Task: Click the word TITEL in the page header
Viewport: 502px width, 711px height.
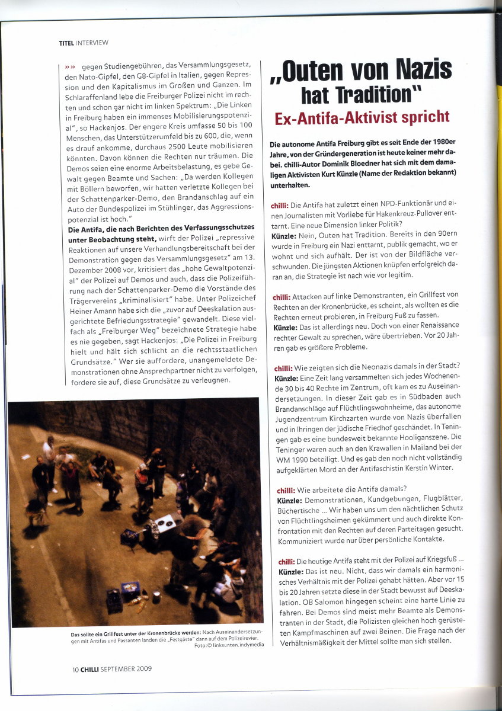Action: point(66,43)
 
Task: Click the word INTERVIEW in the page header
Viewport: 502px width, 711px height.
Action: point(92,43)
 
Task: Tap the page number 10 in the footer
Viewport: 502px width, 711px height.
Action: point(75,669)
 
